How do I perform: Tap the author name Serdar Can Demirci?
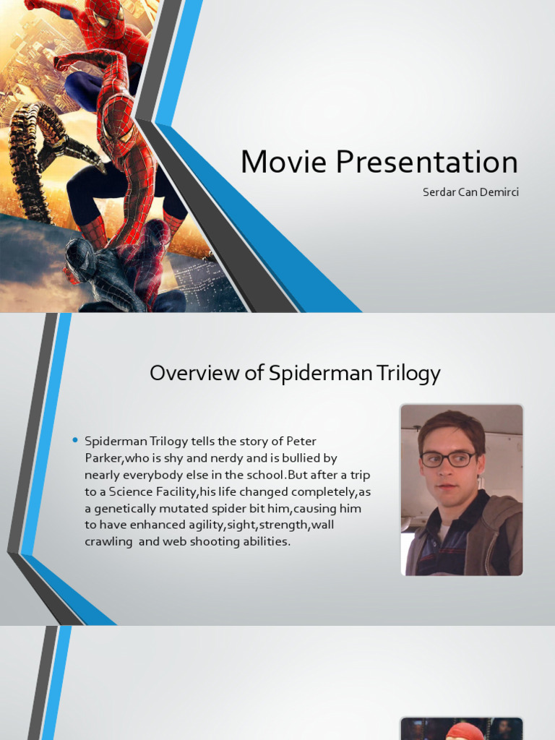point(470,193)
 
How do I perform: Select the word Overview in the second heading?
point(189,373)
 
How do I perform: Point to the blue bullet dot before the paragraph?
point(75,440)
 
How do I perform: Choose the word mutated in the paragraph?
point(200,508)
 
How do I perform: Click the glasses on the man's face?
point(449,459)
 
